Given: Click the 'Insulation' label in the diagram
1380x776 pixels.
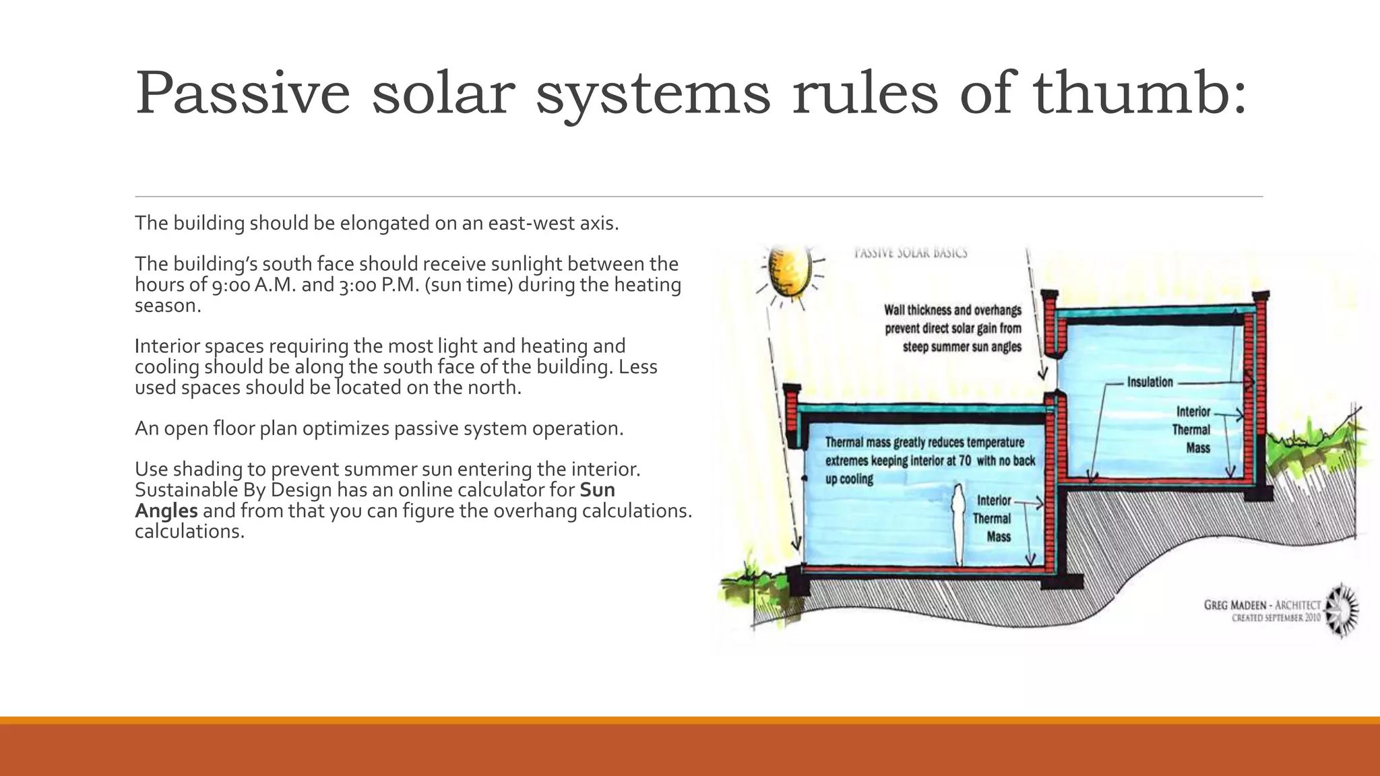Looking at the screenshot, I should tap(1150, 382).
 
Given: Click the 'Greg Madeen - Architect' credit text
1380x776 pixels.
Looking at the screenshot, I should tap(1262, 605).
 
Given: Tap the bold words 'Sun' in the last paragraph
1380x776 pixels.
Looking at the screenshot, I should tap(597, 490).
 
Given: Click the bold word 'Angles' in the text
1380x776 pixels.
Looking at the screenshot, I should tap(166, 511).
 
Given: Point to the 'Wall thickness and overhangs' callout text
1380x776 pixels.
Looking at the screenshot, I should tap(952, 311).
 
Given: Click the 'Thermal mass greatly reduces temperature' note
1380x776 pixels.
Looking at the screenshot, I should tap(924, 443).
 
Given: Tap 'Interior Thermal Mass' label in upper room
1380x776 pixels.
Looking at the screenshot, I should tap(1193, 430).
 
